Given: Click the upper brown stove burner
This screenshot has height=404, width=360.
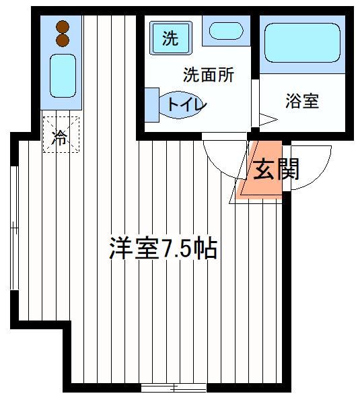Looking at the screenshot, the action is point(63,27).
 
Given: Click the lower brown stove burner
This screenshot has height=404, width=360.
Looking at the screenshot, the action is point(63,40).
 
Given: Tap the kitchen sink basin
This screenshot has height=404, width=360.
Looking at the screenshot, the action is point(63,75).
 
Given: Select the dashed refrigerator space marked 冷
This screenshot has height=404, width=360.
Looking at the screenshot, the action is point(61,135).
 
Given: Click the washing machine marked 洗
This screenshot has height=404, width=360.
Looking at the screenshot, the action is point(171,38).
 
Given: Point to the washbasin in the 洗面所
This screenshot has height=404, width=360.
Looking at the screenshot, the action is point(226,31).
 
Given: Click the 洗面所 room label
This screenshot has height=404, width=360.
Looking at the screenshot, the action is point(209,75).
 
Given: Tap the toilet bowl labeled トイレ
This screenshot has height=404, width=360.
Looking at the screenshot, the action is point(180,105).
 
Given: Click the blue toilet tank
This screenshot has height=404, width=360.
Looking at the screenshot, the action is point(151,105).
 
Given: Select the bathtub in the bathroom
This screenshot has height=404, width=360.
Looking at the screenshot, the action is point(302,43).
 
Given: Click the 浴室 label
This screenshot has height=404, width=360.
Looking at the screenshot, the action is point(302,101).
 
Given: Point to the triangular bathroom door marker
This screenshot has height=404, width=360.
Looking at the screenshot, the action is point(268,120).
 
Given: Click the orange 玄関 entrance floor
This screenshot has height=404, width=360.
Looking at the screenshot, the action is point(261,170).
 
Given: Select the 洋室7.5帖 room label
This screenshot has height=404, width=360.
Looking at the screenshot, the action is point(164,249).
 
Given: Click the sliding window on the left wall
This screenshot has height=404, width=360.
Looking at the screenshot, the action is point(14,228).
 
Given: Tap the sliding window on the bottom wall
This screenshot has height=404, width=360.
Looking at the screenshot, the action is point(174,387).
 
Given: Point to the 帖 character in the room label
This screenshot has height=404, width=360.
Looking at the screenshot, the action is point(205,249).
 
